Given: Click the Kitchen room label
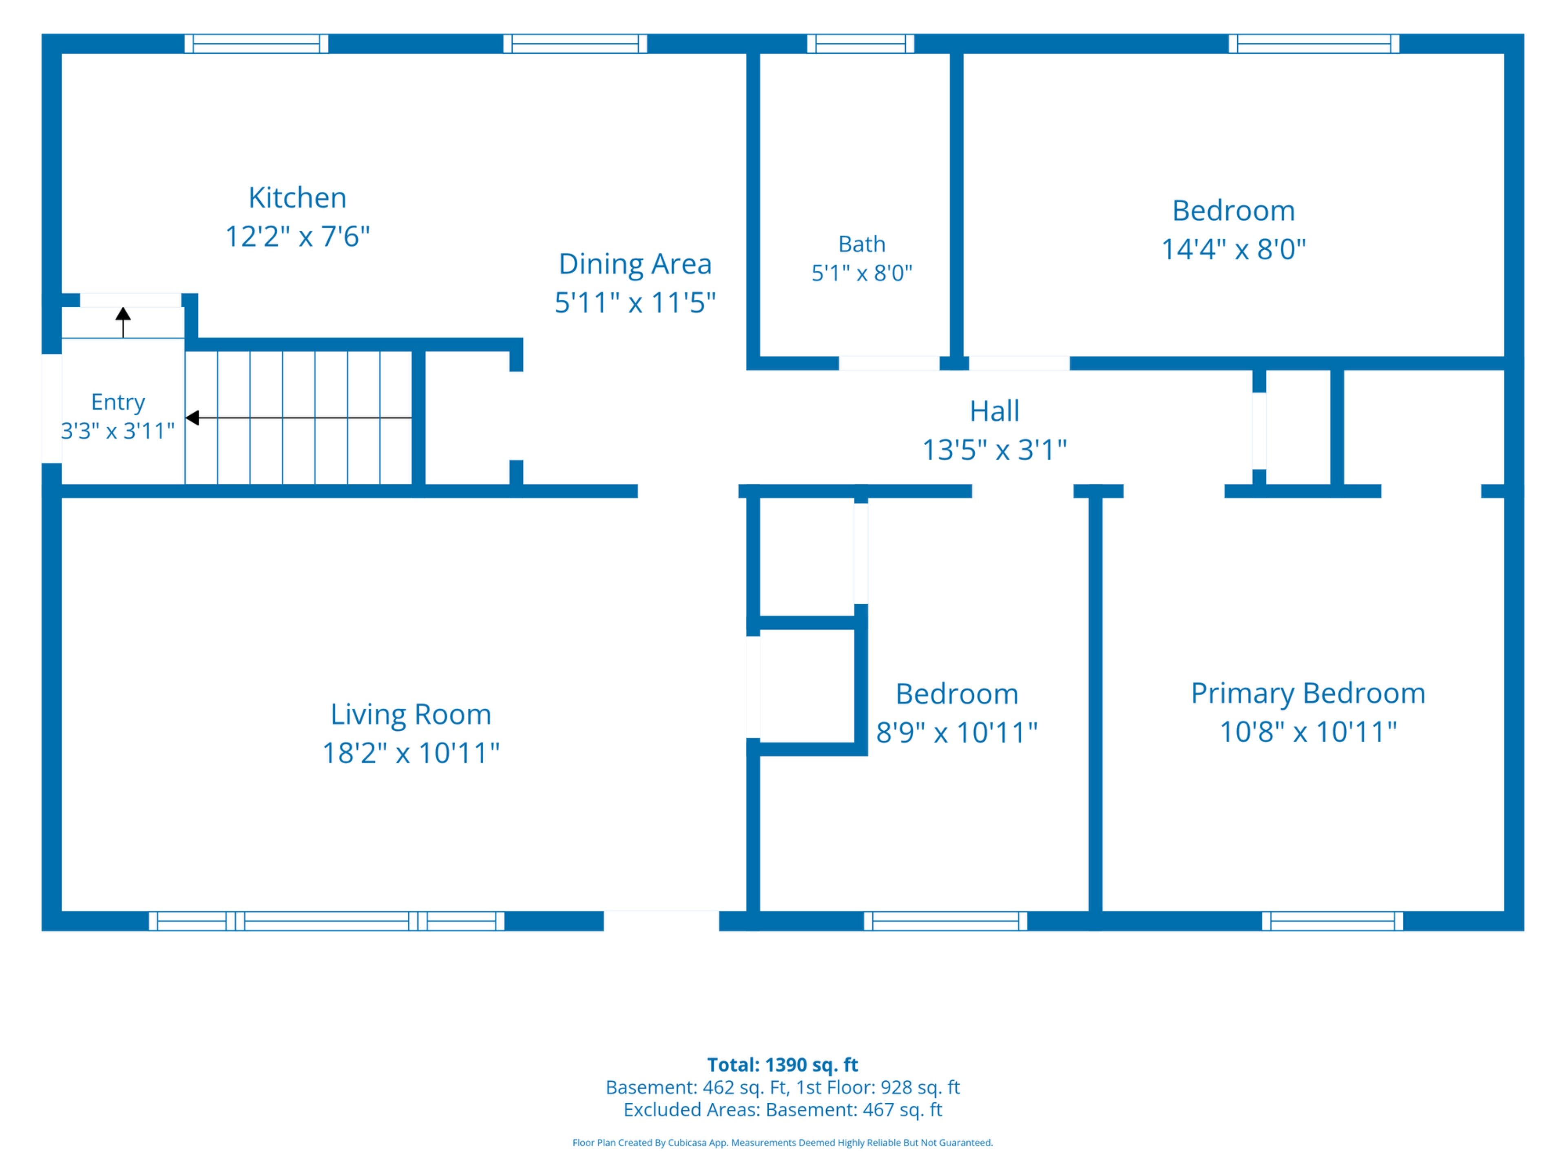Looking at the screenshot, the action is click(297, 197).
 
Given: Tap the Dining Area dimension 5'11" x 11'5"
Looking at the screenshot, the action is click(635, 302).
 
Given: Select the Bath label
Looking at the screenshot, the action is click(862, 244).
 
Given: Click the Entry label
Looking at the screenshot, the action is click(118, 402).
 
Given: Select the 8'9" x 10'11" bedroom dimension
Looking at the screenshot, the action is click(956, 732).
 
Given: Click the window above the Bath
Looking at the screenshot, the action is click(861, 44).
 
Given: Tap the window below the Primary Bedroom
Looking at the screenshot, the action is click(1332, 921).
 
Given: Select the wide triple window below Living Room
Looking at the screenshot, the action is click(326, 921).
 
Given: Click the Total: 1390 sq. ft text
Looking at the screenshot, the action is click(782, 1064).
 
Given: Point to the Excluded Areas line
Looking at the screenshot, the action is click(782, 1109).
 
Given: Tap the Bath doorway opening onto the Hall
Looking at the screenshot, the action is click(889, 364).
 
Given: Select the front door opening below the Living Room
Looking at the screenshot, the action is click(661, 921).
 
